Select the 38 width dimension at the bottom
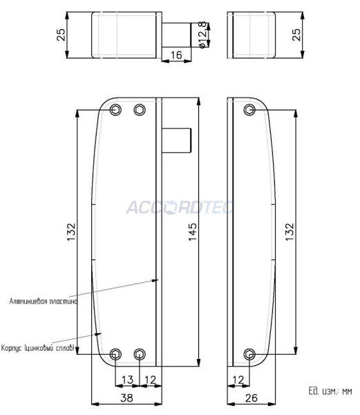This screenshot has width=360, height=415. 126,398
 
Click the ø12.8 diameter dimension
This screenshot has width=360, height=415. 202,34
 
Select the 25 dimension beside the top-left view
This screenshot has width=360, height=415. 61,35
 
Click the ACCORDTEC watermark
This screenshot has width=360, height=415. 180,206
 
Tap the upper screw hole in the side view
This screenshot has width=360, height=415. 249,110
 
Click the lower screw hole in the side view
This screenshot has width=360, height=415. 249,355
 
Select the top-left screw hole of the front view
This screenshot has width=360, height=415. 115,110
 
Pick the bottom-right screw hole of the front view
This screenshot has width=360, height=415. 140,355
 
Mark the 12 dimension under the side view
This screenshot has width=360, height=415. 238,378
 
